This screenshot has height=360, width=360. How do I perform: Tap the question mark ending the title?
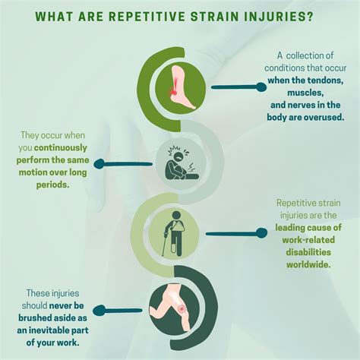pos(310,17)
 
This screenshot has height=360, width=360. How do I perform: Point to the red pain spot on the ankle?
pos(174,91)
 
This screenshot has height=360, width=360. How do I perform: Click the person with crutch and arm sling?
pos(174,233)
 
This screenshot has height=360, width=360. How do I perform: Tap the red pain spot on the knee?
pos(182,309)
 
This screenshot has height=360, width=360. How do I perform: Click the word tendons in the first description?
pos(325,81)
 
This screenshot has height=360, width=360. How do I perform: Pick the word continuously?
pos(61,147)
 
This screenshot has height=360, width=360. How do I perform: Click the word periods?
pos(52,185)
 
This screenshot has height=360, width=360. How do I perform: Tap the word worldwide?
pos(308,264)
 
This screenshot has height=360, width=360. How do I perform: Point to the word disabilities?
pos(308,252)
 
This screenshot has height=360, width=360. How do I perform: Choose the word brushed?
pos(33,318)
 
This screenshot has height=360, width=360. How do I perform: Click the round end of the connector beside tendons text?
pos(261,87)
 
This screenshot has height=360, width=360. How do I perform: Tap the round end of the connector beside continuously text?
pos(99,164)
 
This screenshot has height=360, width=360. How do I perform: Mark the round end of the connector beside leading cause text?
pos(261,233)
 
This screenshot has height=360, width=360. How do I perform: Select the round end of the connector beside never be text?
pos(99,311)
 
